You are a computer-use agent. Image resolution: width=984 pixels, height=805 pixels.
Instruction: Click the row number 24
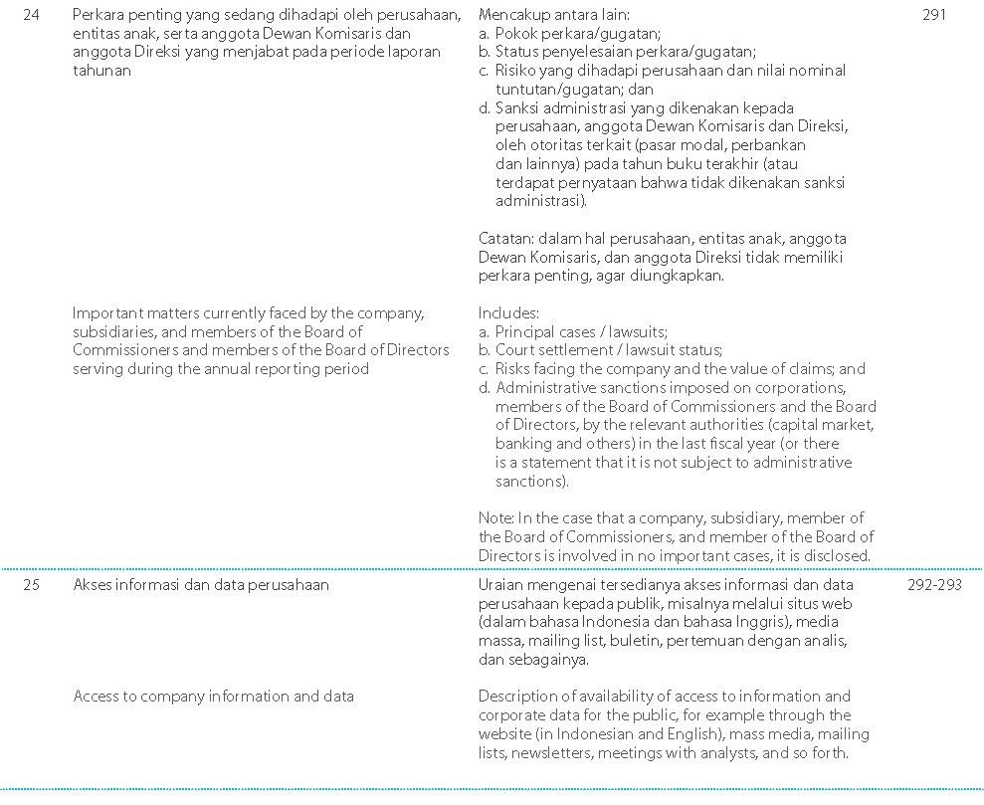31,15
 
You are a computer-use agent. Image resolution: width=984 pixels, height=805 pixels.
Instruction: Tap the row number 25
31,585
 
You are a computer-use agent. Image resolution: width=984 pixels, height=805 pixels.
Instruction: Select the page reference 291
934,15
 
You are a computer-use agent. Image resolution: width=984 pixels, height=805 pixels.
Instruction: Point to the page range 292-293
934,585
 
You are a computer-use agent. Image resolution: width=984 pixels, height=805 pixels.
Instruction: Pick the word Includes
507,312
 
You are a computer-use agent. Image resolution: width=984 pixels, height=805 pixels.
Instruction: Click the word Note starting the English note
494,517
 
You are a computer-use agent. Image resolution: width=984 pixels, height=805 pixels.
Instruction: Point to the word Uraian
500,585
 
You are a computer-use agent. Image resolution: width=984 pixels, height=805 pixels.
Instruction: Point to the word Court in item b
515,350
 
